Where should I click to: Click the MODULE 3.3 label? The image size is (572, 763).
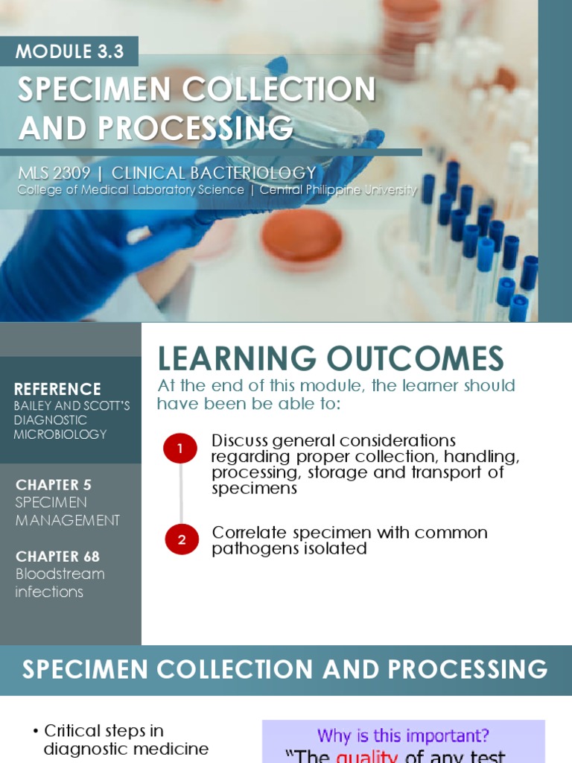[x=69, y=52]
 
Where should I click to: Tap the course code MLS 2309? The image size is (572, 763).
[x=54, y=173]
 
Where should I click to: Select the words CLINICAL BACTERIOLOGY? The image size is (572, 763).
[x=214, y=173]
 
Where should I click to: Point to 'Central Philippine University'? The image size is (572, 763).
[x=338, y=190]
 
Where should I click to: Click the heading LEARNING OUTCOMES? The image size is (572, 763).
[x=330, y=359]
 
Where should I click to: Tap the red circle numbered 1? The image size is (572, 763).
[x=180, y=449]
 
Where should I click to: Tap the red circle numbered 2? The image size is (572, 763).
[x=181, y=540]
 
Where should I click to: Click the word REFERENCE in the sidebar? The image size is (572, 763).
[x=57, y=389]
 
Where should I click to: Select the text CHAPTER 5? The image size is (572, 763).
[x=54, y=485]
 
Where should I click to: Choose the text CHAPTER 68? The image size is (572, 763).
[x=57, y=557]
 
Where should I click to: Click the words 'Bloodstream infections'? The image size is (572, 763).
[x=60, y=583]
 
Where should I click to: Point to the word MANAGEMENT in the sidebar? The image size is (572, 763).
[x=67, y=520]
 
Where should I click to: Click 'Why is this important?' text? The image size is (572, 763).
[x=402, y=736]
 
